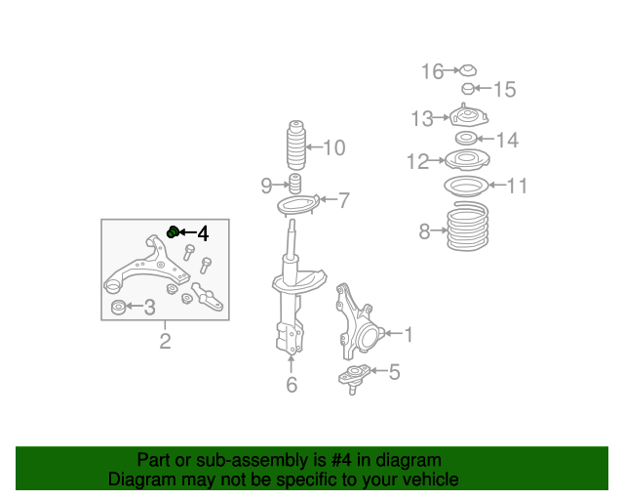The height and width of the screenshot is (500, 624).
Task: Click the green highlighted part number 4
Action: click(173, 231)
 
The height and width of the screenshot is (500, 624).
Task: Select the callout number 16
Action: click(432, 71)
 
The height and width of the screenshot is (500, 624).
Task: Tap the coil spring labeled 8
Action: click(468, 227)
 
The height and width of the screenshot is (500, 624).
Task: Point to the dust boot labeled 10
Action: click(296, 145)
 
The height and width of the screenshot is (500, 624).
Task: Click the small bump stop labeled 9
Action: click(294, 184)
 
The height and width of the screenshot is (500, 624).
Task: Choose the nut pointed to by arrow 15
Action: click(468, 89)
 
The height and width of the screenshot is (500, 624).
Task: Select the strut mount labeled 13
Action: click(468, 115)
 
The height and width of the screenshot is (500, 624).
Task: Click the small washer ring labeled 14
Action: click(466, 138)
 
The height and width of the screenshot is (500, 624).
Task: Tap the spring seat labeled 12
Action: click(467, 159)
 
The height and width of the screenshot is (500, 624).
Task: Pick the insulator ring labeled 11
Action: click(466, 186)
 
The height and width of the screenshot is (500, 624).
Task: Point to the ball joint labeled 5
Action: click(353, 378)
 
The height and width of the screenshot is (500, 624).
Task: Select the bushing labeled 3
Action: click(118, 307)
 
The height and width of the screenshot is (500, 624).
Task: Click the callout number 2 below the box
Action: click(165, 341)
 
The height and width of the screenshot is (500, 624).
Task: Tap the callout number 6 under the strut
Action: click(292, 385)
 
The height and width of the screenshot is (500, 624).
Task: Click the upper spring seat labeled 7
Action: click(297, 205)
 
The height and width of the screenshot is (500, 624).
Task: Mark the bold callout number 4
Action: click(203, 233)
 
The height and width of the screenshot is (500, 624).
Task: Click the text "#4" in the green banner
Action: click(341, 460)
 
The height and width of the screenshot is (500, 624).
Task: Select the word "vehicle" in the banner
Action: click(433, 479)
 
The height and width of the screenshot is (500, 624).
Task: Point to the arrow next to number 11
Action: click(497, 185)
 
